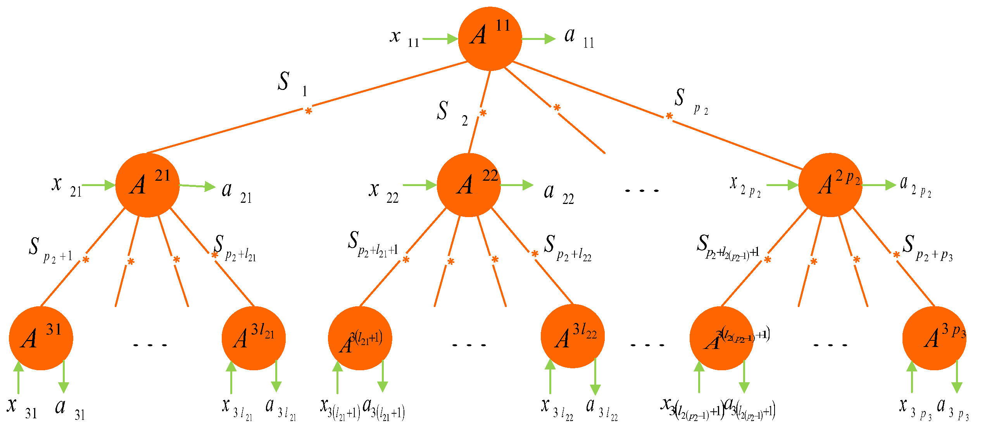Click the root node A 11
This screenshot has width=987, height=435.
pyautogui.click(x=490, y=39)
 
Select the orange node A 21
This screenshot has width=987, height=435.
pyautogui.click(x=147, y=185)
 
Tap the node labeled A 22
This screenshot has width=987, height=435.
pyautogui.click(x=469, y=185)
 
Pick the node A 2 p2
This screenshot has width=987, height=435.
pyautogui.click(x=830, y=185)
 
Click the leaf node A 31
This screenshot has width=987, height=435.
pyautogui.click(x=41, y=338)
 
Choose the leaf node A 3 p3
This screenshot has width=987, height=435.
pyautogui.click(x=934, y=338)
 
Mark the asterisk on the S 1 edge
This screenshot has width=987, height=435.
pyautogui.click(x=308, y=112)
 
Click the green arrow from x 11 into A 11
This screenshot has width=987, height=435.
pyautogui.click(x=440, y=39)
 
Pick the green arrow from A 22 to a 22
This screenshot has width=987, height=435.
pyautogui.click(x=517, y=185)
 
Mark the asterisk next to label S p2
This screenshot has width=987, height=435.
pyautogui.click(x=669, y=116)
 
